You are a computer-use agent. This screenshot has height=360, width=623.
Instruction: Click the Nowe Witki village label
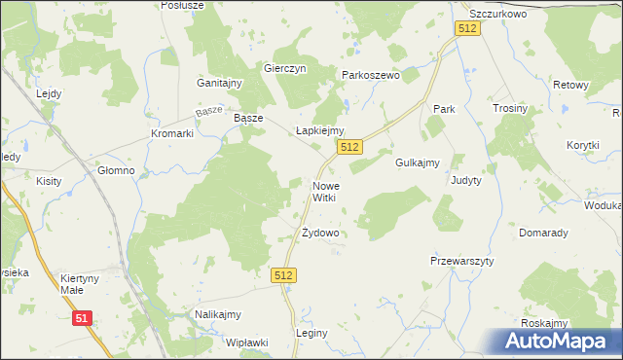324,191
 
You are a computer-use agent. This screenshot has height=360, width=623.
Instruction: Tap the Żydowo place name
319,234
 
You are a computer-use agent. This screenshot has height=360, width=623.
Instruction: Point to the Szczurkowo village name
497,15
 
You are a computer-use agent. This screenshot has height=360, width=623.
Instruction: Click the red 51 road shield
83,318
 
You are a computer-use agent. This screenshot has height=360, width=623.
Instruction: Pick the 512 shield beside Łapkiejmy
350,147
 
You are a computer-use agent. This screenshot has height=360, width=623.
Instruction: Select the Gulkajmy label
419,162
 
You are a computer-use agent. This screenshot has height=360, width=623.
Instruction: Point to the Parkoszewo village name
371,75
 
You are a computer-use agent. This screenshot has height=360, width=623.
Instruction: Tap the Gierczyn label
285,69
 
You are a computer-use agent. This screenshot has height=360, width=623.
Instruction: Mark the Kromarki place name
172,133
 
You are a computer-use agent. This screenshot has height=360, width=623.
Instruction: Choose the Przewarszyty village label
462,262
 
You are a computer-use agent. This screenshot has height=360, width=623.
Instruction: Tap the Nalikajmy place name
217,314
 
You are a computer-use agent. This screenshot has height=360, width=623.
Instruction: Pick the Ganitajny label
219,84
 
